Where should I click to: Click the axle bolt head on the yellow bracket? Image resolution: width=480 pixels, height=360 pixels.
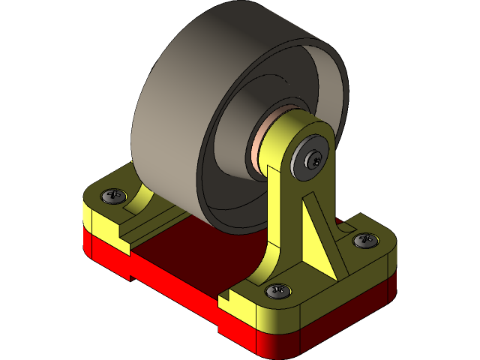[x=313, y=159]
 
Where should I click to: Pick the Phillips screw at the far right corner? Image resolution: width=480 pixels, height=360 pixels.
[x=366, y=240]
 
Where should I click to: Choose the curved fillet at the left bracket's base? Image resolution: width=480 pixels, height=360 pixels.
[x=139, y=199]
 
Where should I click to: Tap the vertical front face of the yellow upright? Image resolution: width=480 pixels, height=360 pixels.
[x=281, y=217]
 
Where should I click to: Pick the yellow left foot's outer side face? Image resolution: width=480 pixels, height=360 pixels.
[x=101, y=221]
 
